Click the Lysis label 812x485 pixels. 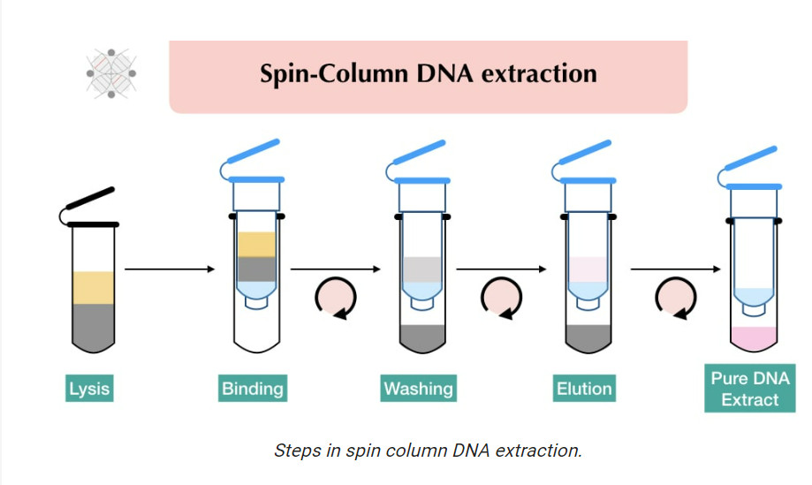coord(91,388)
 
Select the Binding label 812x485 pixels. coord(254,388)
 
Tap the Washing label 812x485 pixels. coord(419,388)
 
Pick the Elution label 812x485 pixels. coord(584,388)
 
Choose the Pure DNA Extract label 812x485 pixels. coord(750,389)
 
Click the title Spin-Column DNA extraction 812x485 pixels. coord(428,73)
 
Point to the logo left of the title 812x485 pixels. coord(111,72)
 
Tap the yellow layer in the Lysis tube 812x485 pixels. coord(93,287)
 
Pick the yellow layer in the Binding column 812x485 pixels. coord(256,243)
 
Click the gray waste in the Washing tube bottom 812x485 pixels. coord(421,337)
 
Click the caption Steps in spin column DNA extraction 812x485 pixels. coord(428,450)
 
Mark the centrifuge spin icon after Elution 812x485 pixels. coord(672,301)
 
